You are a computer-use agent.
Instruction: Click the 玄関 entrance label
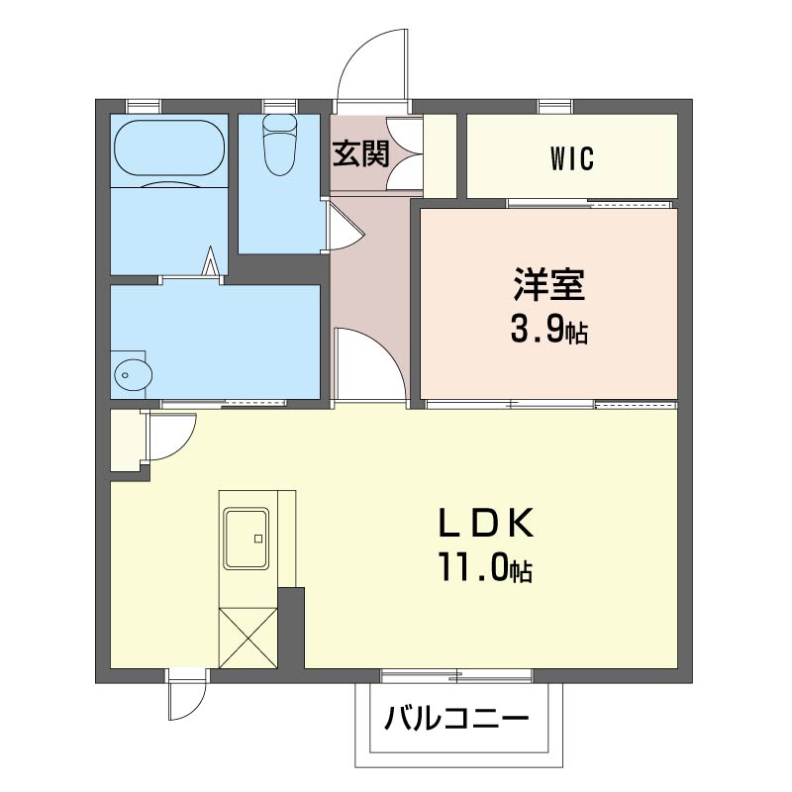[360, 153]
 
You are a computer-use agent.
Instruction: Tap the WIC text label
[572, 158]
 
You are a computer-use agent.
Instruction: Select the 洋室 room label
[549, 284]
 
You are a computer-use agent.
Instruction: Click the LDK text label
[486, 524]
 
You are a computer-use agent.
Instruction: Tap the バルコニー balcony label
[456, 718]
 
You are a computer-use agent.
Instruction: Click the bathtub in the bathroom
[169, 148]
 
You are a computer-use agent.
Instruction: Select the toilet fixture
[279, 145]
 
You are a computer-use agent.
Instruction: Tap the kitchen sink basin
[247, 540]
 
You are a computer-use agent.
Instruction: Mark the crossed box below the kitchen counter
[248, 638]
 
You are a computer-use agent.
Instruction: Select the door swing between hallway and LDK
[372, 365]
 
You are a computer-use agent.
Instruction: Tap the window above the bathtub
[144, 107]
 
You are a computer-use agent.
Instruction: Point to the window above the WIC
[555, 107]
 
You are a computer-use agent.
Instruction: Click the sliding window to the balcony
[456, 676]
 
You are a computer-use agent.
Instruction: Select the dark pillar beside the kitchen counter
[291, 628]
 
